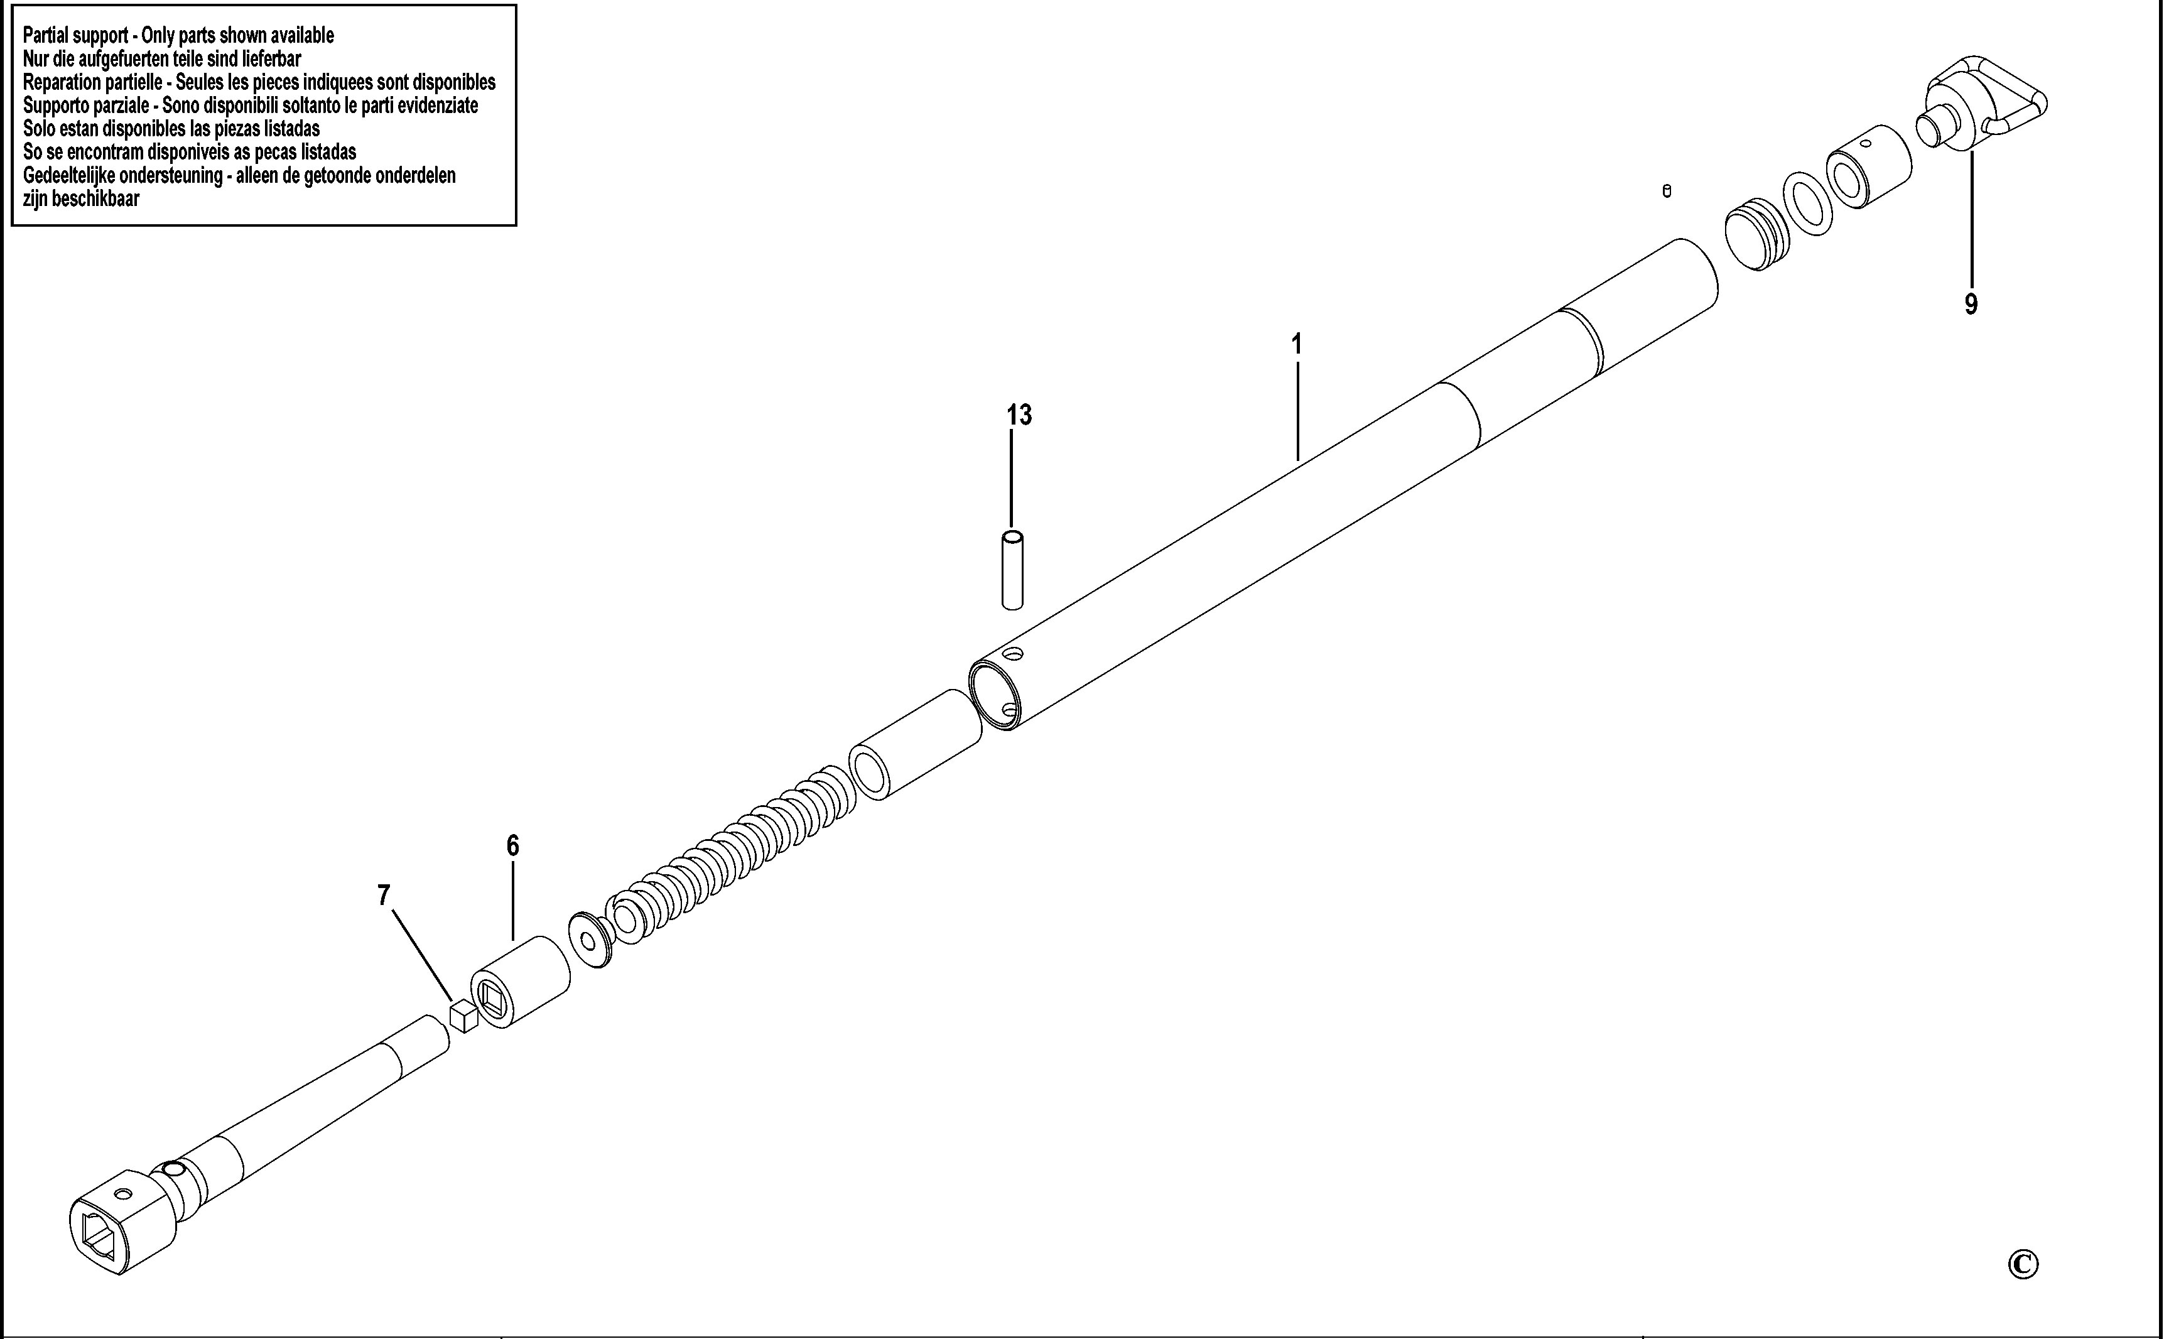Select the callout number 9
click(x=1971, y=304)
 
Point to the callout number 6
click(x=512, y=846)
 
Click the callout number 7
click(x=384, y=896)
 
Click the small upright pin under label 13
click(x=1012, y=570)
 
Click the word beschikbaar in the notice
click(x=95, y=198)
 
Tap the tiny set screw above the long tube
click(x=1667, y=192)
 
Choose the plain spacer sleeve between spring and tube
click(x=916, y=745)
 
